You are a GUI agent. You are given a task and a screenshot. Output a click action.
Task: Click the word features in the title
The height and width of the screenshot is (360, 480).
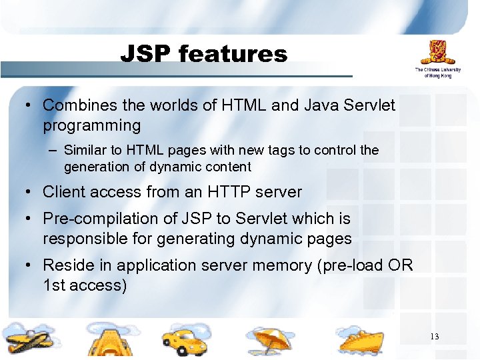[x=233, y=53]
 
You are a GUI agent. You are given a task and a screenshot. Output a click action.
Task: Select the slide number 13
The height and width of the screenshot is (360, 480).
[x=434, y=336]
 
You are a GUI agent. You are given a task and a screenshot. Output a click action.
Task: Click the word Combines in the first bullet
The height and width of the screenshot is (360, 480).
[x=76, y=105]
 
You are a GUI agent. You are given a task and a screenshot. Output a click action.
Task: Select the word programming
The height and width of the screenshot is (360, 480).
[x=92, y=125]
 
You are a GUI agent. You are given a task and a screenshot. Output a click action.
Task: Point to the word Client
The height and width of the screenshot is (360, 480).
[x=64, y=192]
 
